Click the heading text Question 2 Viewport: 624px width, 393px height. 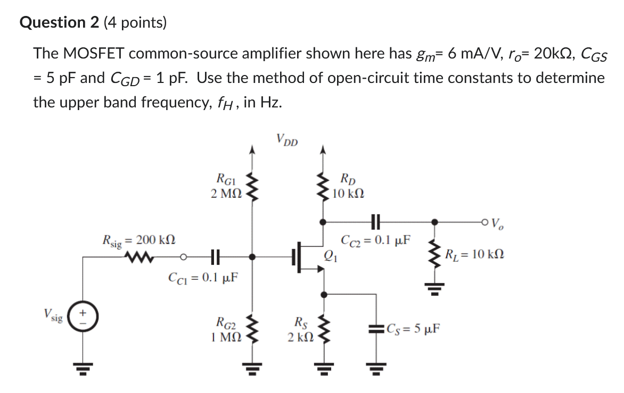[60, 22]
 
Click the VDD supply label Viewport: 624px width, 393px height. [288, 141]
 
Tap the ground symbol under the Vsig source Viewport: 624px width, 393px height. [83, 366]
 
